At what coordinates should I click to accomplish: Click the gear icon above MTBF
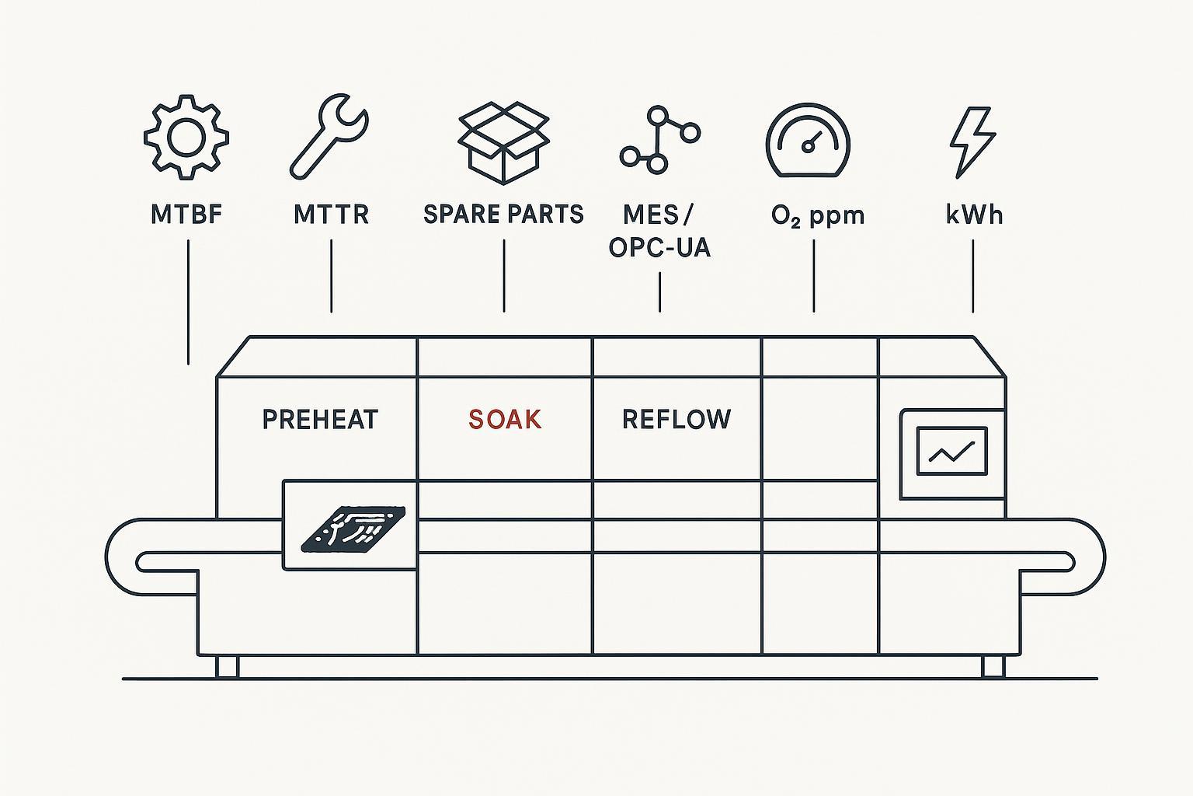[x=186, y=138]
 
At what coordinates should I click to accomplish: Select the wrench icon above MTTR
[x=329, y=137]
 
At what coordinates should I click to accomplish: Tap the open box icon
[x=504, y=143]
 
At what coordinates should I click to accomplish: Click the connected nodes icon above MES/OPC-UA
[x=659, y=140]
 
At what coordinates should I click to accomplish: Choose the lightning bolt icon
[x=972, y=142]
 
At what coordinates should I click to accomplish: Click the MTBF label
[x=186, y=215]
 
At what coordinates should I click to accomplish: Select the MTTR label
[x=331, y=215]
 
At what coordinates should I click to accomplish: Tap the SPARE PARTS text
[x=503, y=215]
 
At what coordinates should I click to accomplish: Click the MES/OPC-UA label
[x=659, y=231]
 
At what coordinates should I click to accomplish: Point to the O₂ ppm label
[x=818, y=215]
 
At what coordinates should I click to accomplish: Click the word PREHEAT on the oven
[x=320, y=420]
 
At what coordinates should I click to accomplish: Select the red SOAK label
[x=505, y=420]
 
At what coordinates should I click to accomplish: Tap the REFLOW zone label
[x=676, y=420]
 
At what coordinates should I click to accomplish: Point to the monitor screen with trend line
[x=951, y=451]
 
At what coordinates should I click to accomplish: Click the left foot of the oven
[x=227, y=666]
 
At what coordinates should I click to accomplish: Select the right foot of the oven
[x=993, y=666]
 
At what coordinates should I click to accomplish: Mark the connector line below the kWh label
[x=973, y=276]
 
